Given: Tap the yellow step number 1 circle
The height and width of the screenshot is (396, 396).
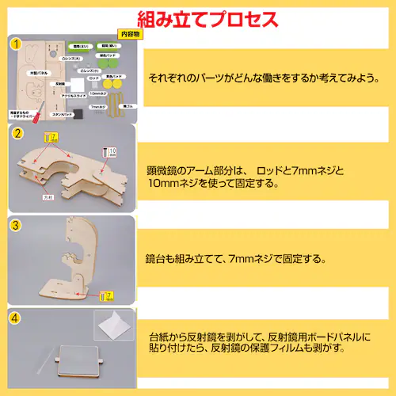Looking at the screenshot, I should point(15,44).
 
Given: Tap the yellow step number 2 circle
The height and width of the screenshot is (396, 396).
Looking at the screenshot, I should point(15,134).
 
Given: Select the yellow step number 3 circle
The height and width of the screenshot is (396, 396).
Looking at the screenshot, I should point(15,225).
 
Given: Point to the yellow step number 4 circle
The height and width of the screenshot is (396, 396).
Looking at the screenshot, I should point(15,318).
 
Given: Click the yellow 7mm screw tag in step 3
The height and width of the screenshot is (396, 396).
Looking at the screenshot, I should point(109,296).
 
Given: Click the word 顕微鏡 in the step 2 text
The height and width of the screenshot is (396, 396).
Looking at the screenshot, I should point(162,170).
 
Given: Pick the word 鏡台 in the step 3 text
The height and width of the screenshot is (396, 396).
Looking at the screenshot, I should point(157,259).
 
